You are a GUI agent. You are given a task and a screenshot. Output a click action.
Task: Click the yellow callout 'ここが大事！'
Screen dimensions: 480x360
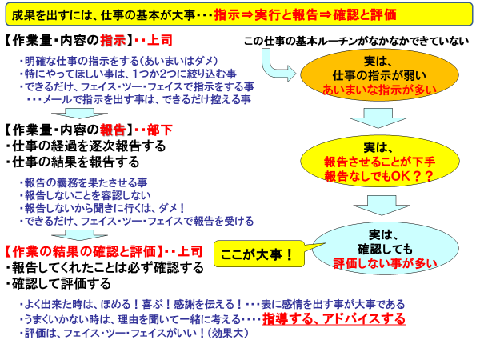click(258, 254)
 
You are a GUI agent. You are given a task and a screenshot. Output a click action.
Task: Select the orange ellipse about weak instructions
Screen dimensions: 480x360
click(379, 75)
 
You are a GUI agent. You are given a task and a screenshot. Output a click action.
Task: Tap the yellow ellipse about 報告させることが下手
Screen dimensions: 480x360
click(379, 162)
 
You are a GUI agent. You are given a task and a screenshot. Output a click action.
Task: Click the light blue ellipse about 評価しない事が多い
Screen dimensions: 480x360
click(385, 248)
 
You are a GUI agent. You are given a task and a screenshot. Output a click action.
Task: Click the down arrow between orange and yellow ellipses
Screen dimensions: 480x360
click(378, 118)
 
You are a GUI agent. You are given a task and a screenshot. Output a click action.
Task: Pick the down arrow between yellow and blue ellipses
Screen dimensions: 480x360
click(382, 205)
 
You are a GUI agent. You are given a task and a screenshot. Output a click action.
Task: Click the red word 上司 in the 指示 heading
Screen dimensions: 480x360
click(159, 40)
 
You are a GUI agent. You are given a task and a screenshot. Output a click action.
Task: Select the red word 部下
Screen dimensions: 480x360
click(159, 130)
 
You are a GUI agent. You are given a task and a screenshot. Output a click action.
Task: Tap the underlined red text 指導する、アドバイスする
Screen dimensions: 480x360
click(334, 319)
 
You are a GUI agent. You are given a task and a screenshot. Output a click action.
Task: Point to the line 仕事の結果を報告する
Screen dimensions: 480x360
click(72, 162)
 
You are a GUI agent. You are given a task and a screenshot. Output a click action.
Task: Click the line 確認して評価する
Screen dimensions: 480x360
click(58, 283)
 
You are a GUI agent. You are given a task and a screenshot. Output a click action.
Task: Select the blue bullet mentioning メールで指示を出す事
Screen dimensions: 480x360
click(138, 99)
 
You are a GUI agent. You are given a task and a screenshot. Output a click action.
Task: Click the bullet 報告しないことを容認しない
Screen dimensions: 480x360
click(85, 195)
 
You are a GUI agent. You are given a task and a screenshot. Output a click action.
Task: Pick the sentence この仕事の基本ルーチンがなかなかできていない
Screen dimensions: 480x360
click(356, 41)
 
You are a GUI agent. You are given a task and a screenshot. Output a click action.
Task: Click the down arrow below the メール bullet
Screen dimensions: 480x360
click(79, 114)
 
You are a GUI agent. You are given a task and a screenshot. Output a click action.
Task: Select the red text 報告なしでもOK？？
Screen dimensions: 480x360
click(379, 176)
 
